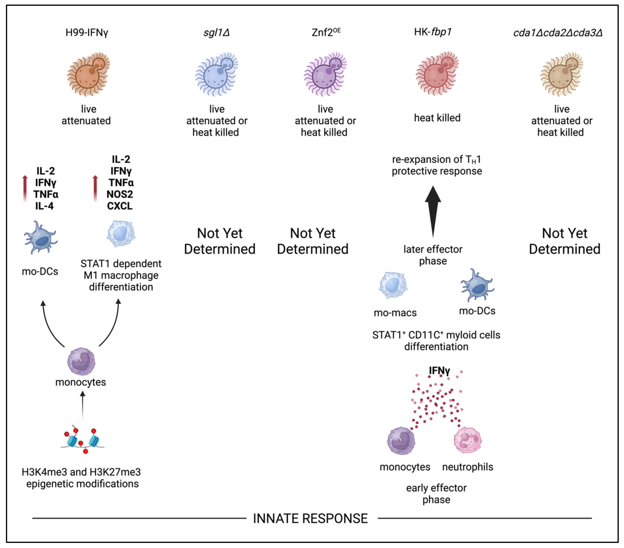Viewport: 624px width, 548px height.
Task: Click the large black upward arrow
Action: pos(433,211)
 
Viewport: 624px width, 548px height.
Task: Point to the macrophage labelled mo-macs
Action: pos(393,285)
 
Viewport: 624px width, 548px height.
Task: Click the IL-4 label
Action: pos(45,206)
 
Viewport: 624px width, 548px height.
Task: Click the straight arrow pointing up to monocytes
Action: pos(82,405)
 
